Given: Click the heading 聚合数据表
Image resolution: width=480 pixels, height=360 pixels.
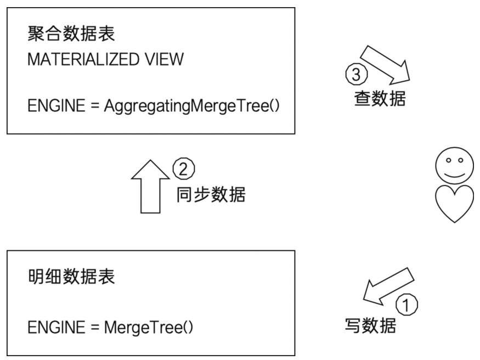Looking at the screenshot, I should pos(71,35).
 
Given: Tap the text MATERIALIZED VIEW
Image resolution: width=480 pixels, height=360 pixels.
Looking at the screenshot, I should pos(105,60).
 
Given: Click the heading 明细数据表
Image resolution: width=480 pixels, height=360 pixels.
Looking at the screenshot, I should pos(71,277).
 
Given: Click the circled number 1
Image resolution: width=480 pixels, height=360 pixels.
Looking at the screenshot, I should pos(406,305).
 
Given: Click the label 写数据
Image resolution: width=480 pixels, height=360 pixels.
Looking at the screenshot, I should pos(370,326).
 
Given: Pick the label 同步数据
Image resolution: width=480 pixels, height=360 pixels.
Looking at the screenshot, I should pos(211,194).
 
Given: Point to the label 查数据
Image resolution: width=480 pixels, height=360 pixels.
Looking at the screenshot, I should pos(380,99).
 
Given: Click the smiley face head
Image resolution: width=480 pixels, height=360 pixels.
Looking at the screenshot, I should pos(453,167).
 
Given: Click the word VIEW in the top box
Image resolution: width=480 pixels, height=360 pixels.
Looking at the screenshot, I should pos(166,60).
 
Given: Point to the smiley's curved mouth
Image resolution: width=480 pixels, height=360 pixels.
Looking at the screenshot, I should pos(453,173).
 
